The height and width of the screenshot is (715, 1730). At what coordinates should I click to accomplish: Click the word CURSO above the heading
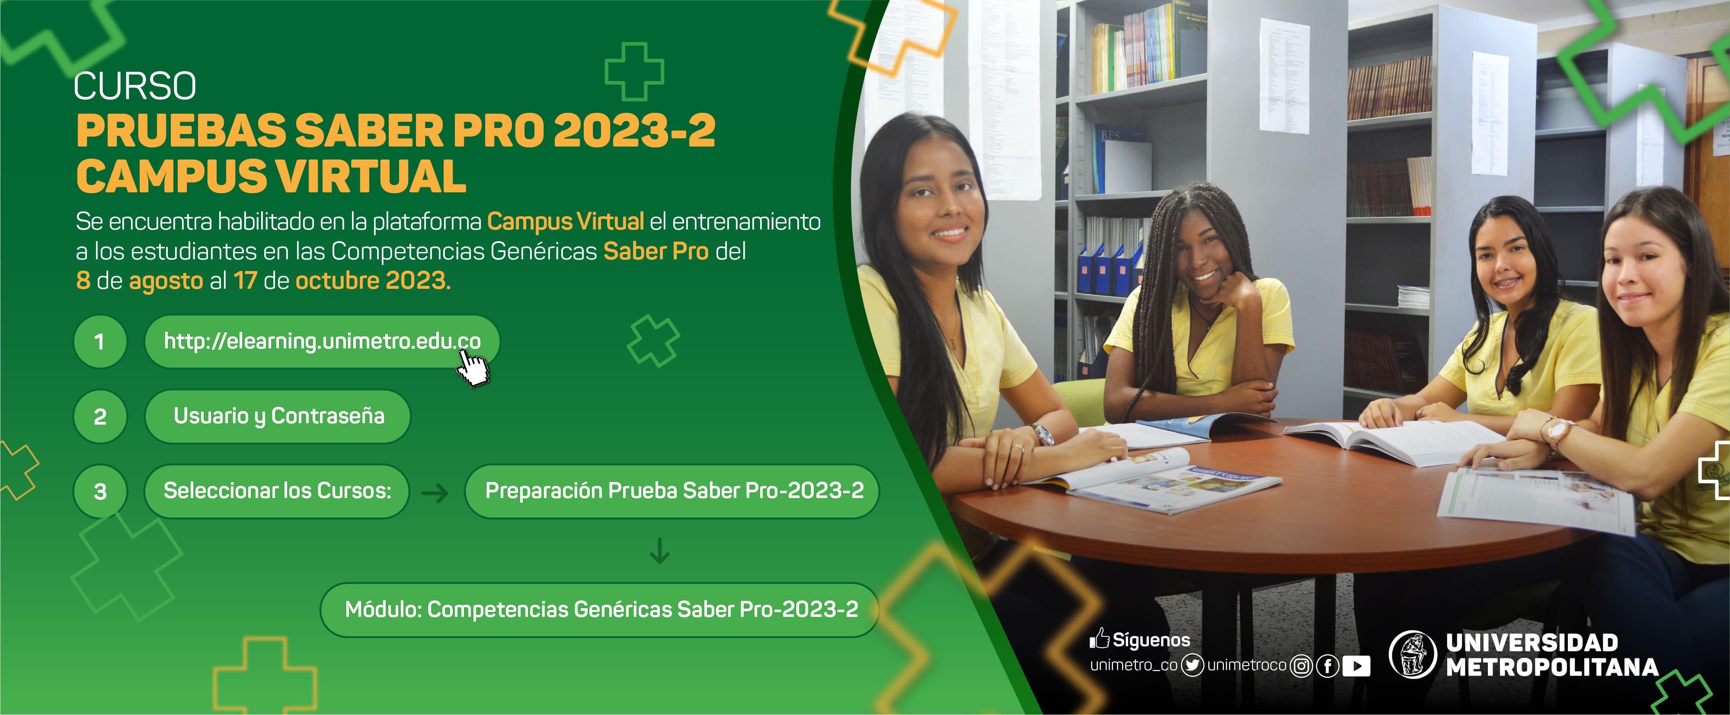(135, 86)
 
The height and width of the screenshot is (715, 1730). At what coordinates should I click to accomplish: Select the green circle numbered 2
(100, 417)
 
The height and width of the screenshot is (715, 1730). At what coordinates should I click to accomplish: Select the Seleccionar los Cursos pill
(277, 491)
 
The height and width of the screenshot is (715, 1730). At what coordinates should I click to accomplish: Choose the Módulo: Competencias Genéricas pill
(600, 610)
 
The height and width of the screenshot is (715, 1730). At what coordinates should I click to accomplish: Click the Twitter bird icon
(1192, 665)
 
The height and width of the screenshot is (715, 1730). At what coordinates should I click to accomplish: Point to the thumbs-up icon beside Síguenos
(1099, 638)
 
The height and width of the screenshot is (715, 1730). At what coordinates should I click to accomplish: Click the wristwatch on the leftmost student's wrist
(1042, 434)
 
